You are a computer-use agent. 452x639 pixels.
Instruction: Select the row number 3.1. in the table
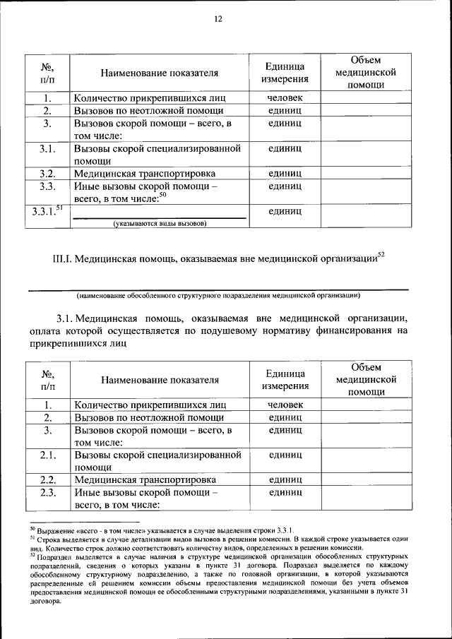point(47,149)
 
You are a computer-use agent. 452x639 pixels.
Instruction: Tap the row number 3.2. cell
point(47,174)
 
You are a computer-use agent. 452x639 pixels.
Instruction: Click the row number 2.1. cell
point(47,455)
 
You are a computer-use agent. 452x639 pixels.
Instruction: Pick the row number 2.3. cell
point(47,492)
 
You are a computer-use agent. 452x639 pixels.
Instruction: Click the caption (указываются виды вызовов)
point(160,224)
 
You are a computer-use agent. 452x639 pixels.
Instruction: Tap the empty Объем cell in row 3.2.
point(366,174)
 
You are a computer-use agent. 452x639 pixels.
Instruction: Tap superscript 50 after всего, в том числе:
point(162,196)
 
